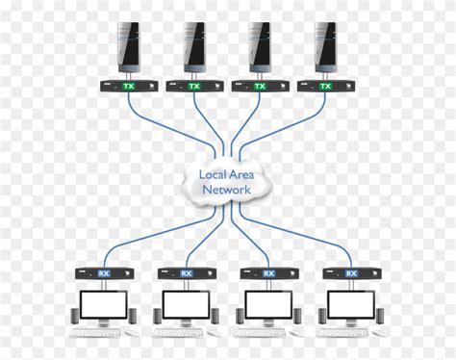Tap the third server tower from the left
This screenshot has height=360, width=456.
click(257, 45)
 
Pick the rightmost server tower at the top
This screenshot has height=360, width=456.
click(325, 45)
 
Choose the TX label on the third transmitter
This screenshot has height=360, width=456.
click(259, 87)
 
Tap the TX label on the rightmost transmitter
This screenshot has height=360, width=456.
click(325, 87)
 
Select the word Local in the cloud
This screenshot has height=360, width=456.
click(213, 174)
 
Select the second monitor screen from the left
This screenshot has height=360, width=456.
click(186, 304)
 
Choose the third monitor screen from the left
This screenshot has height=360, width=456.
click(268, 304)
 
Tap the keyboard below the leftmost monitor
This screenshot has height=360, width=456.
click(95, 334)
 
